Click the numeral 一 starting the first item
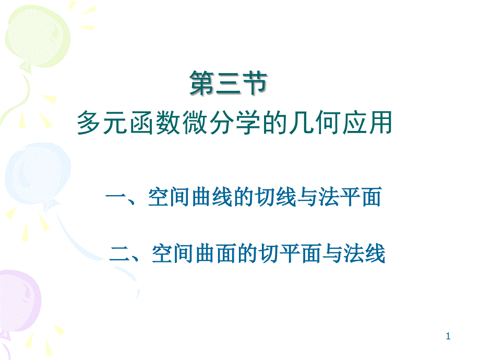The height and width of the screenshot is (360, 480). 114,199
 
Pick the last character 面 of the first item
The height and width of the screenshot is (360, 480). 371,198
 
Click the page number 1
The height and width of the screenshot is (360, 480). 448,338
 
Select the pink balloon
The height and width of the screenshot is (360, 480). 18,297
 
